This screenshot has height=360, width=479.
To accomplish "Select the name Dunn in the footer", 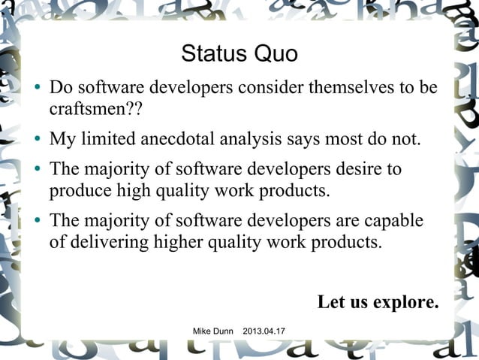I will (x=226, y=331).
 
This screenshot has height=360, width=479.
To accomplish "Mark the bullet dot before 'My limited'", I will (x=35, y=141).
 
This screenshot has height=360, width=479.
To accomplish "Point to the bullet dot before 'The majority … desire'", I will (x=35, y=170).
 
